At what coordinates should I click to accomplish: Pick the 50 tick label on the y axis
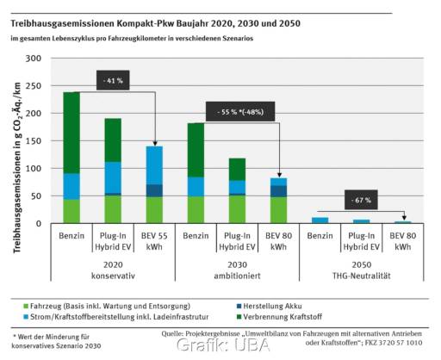35,196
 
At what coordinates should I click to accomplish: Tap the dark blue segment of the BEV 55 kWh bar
154,190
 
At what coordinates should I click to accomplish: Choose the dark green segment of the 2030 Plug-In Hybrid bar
237,169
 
